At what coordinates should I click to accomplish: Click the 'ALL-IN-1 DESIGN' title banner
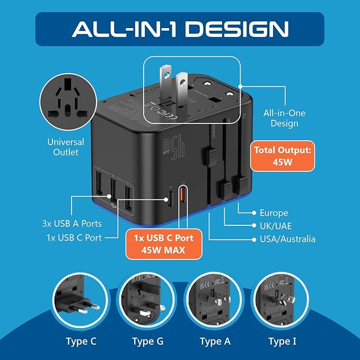click(x=180, y=29)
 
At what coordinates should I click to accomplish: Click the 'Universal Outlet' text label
click(x=66, y=147)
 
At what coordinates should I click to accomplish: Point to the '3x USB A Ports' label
click(x=73, y=224)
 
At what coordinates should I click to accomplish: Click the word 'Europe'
click(x=274, y=213)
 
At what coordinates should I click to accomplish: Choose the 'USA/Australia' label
click(x=287, y=239)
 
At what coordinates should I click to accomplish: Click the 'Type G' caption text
click(x=146, y=341)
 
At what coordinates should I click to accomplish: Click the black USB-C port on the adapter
click(x=170, y=200)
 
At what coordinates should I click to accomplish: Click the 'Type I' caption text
click(x=282, y=341)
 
